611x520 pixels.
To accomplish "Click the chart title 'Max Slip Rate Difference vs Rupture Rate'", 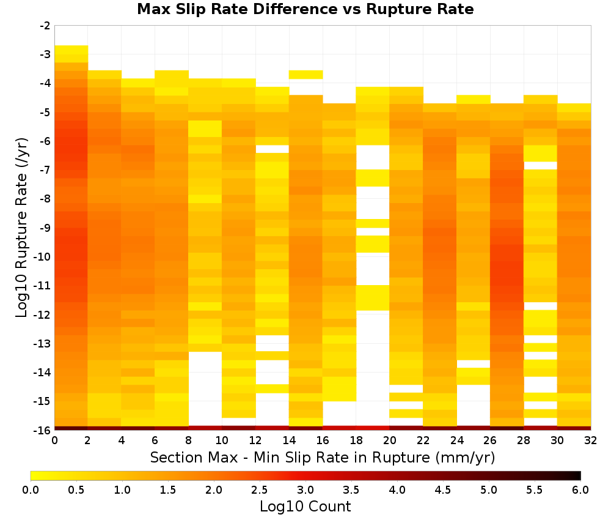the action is [305, 9].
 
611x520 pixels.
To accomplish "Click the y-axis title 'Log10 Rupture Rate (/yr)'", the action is [21, 228].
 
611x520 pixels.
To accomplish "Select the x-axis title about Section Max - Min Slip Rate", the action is [323, 457].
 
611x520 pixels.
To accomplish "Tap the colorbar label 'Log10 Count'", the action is [305, 507].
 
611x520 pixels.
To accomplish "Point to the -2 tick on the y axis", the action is [45, 26].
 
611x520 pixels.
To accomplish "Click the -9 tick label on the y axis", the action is [45, 228].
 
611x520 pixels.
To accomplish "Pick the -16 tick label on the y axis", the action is [43, 430].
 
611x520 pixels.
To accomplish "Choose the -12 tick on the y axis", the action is [43, 314].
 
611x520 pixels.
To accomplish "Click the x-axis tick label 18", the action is [356, 440].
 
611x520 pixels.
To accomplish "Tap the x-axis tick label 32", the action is [591, 440].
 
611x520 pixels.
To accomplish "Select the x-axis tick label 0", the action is [54, 440].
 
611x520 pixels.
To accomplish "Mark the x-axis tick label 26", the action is [490, 440].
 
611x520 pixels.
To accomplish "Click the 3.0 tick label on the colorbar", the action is [305, 490].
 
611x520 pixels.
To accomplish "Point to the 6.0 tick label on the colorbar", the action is [580, 490].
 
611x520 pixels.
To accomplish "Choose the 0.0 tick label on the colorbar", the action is [31, 490].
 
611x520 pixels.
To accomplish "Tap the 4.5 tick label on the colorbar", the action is [443, 490].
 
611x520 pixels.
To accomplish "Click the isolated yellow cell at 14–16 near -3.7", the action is [306, 75].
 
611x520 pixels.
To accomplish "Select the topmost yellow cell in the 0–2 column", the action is [71, 50].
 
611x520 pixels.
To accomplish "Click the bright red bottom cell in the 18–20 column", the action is [373, 428].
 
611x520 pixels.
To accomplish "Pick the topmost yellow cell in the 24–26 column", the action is [474, 99].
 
